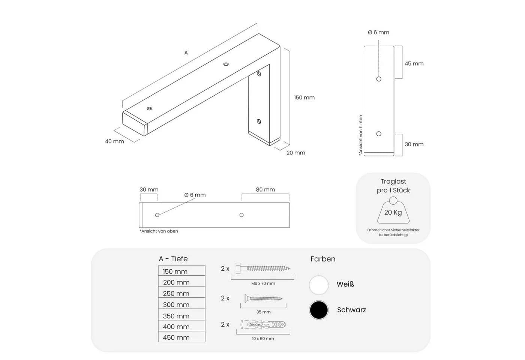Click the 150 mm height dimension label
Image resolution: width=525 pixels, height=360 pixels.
click(x=304, y=97)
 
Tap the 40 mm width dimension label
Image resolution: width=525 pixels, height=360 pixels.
click(x=114, y=141)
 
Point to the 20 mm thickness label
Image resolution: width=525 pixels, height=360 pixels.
click(x=296, y=153)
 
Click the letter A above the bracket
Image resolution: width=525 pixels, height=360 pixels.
click(x=186, y=53)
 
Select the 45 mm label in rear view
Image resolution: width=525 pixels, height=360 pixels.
click(x=414, y=63)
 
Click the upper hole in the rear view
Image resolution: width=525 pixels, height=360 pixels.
click(x=379, y=79)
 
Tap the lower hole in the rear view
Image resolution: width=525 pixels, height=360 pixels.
click(x=379, y=133)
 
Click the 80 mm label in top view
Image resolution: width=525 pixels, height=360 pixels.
click(x=265, y=189)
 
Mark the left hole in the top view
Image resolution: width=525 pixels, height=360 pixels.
click(x=157, y=215)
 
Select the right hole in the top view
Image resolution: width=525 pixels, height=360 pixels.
click(x=241, y=215)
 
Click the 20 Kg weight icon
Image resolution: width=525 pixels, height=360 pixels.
click(x=393, y=210)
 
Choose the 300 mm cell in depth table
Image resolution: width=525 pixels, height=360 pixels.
click(x=181, y=303)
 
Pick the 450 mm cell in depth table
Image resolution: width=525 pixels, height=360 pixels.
click(x=181, y=337)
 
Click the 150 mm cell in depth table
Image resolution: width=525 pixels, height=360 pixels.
click(x=181, y=270)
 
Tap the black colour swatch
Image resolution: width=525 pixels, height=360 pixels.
click(x=319, y=310)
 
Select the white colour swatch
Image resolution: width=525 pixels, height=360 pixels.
click(x=319, y=285)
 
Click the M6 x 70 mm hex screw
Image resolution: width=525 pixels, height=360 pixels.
click(x=263, y=268)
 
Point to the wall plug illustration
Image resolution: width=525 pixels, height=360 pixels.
click(x=263, y=325)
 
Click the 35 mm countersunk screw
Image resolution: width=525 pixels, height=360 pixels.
click(x=263, y=298)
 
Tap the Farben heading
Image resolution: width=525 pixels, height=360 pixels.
click(x=323, y=259)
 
